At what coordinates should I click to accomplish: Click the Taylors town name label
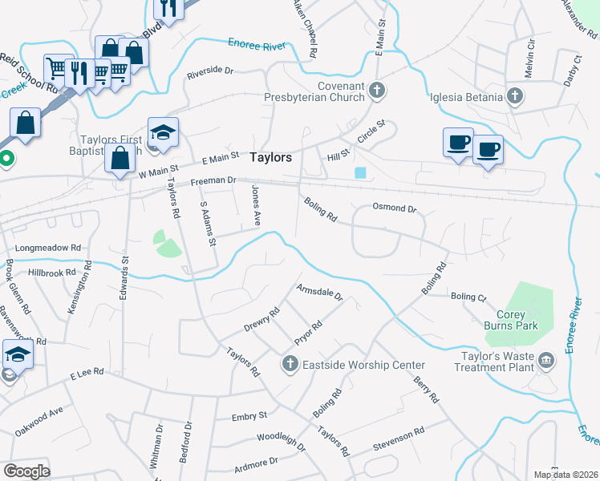tap(270, 158)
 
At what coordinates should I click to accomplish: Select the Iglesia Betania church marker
tap(514, 98)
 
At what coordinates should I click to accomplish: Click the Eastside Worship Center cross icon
tap(290, 365)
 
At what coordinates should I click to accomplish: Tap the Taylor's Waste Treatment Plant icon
tap(547, 358)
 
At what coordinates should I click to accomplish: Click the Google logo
tap(27, 471)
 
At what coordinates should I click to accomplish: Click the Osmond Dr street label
tap(395, 208)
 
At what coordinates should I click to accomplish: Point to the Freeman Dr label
tap(213, 183)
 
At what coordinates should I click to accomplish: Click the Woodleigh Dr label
tap(281, 441)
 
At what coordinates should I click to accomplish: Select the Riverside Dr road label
tap(209, 71)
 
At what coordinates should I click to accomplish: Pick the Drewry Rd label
tap(261, 320)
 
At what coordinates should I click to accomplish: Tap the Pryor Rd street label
tap(308, 333)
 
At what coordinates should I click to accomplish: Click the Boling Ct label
tap(468, 297)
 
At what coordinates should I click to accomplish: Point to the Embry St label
tap(249, 416)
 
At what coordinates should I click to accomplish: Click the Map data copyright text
tap(566, 475)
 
